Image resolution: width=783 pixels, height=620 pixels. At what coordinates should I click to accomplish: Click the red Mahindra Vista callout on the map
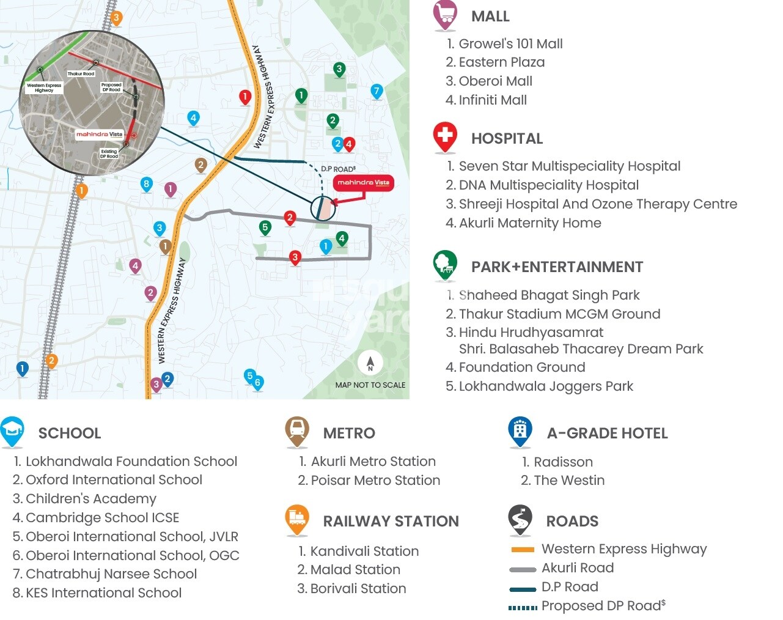363,183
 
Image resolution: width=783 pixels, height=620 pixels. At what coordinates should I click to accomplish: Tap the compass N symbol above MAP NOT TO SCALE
370,363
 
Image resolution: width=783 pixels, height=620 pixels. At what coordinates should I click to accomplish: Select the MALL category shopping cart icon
446,15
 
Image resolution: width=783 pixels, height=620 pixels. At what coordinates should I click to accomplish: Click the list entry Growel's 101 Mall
510,43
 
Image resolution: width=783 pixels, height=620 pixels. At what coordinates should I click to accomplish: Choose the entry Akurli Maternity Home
529,223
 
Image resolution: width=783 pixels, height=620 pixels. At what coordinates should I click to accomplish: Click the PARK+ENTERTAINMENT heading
557,267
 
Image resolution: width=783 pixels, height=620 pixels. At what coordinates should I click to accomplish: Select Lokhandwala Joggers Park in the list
545,386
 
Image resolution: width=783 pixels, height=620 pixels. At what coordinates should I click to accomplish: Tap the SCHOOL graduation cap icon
13,432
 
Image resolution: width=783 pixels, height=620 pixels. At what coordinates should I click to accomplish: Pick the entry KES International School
103,593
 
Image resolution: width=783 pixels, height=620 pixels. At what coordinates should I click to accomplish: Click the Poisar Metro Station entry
375,481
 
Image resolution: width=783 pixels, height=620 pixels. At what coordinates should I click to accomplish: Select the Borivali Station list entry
358,589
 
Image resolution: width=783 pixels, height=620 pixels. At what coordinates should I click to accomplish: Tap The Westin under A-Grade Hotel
568,481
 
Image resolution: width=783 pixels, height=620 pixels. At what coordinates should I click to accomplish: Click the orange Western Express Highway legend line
523,550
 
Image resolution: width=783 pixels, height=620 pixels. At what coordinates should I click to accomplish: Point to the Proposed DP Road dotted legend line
523,607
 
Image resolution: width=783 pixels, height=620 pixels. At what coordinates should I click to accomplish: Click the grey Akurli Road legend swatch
523,569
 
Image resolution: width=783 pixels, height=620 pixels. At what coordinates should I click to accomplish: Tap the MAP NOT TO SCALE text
370,385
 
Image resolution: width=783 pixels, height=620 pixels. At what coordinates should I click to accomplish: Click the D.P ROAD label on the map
338,169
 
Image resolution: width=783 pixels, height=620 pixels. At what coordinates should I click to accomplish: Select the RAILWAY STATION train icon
297,519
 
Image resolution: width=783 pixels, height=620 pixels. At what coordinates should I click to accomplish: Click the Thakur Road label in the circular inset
81,73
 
